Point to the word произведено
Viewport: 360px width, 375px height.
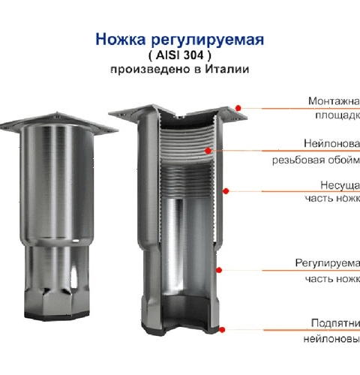coord(145,69)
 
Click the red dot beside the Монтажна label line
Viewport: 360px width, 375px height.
coord(238,108)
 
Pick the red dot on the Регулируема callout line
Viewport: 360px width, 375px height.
coord(220,269)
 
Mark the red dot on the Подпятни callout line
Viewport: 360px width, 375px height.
coord(223,328)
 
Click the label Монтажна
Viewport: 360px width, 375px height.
coord(334,101)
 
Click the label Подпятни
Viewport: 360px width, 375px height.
coord(335,322)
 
